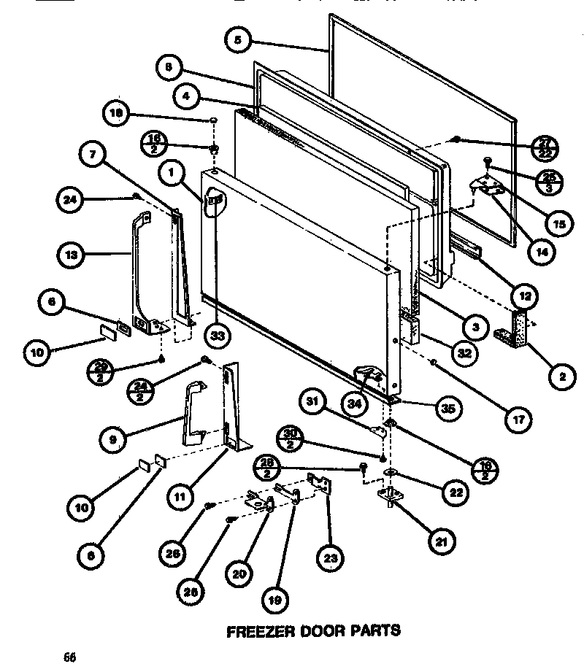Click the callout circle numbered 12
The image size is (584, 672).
(525, 296)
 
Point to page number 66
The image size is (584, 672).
(69, 656)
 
